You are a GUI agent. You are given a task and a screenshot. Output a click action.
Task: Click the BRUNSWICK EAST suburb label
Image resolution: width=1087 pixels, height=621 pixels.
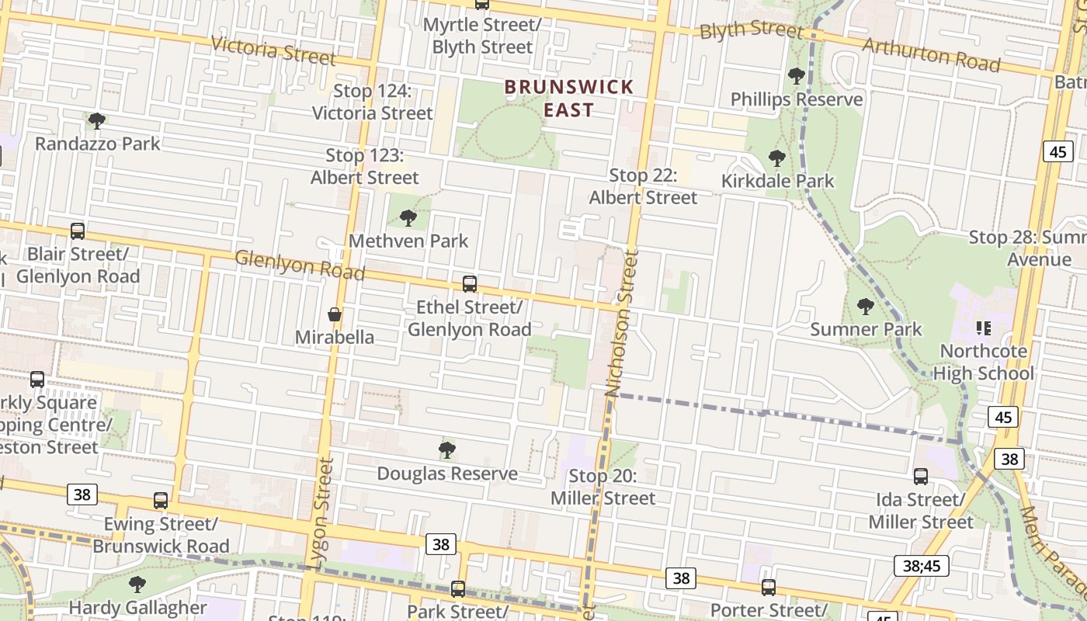[569, 98]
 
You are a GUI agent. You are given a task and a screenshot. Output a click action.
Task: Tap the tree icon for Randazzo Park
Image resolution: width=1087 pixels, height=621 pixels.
[97, 121]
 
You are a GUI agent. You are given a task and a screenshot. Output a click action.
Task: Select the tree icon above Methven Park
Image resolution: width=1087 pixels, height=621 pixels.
[408, 218]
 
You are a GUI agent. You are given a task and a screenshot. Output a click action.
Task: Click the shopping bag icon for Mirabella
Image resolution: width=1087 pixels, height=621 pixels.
[335, 314]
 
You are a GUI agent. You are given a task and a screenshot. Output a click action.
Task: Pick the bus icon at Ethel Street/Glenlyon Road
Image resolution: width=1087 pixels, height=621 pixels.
[469, 284]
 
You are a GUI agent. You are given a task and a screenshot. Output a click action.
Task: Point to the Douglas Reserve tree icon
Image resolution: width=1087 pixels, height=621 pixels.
[447, 450]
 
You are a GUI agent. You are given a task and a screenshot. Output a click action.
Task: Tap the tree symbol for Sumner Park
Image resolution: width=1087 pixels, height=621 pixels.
[866, 307]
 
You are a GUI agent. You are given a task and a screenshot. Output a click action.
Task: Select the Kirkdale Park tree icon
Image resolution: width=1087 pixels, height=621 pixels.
[776, 158]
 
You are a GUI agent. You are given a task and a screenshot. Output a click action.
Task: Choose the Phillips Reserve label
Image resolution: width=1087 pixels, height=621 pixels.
[797, 99]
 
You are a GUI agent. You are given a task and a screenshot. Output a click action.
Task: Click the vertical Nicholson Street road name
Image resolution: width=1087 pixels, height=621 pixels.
[622, 323]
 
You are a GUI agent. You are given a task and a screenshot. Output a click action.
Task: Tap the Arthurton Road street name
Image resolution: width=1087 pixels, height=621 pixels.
[931, 54]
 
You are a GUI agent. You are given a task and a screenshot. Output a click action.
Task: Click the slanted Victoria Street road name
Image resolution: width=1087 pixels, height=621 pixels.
[273, 50]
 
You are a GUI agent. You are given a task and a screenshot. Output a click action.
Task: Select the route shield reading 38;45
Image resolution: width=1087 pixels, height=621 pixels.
[922, 566]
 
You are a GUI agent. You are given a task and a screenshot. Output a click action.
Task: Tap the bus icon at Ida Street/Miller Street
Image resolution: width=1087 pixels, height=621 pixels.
[921, 477]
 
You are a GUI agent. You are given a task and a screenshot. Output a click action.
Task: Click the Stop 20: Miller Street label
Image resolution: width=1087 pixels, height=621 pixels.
[603, 487]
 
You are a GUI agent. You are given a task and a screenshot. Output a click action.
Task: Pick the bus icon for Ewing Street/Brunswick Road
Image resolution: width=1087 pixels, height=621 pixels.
[161, 501]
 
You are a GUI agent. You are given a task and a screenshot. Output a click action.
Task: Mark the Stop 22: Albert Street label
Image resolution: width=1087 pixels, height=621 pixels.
[643, 186]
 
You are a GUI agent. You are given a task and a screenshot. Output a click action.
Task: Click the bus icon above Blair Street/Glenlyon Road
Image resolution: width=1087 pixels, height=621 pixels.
[78, 231]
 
